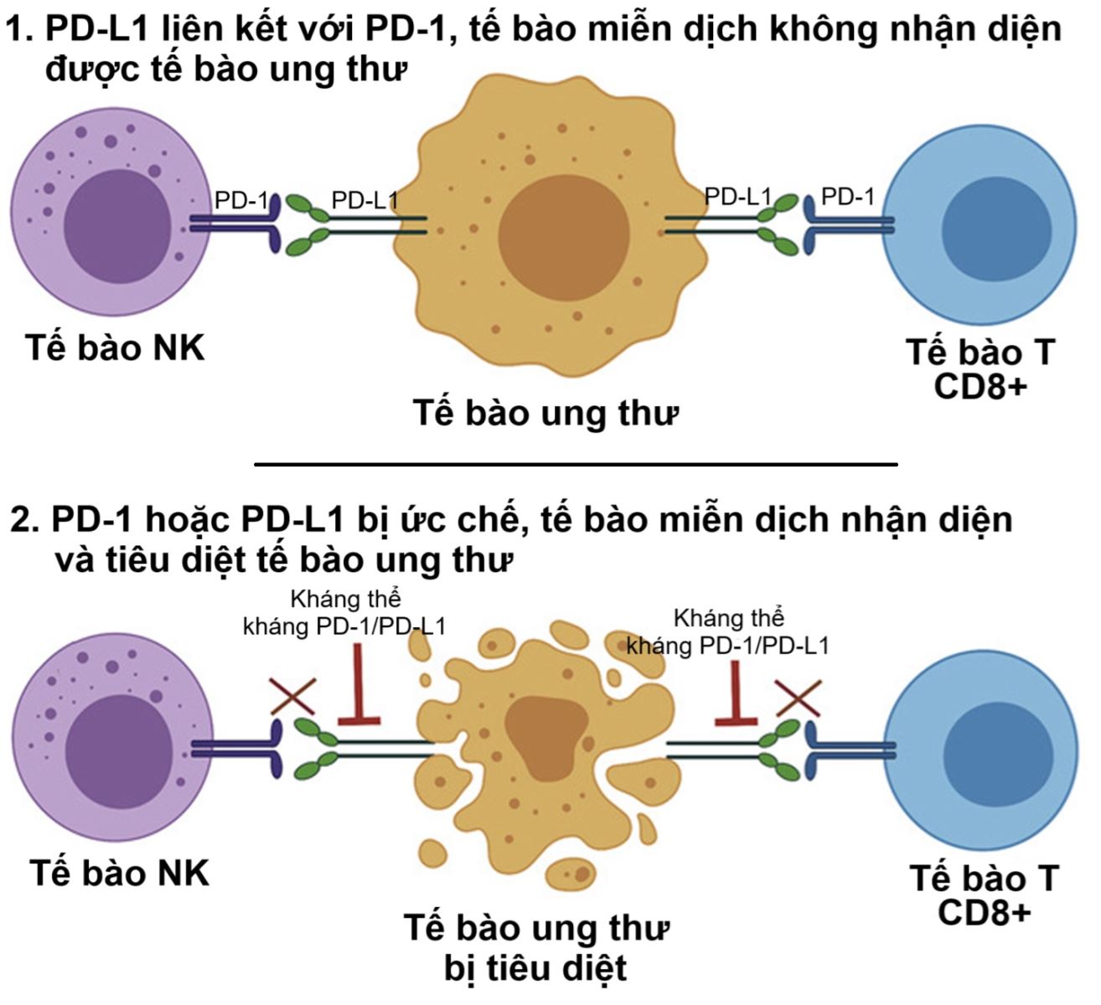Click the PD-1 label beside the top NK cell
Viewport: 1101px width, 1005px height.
click(x=241, y=200)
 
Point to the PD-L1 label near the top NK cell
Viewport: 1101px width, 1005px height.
click(x=364, y=200)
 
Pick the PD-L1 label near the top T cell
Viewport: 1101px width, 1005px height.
click(x=737, y=197)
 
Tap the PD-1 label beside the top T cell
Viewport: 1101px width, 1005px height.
click(x=847, y=197)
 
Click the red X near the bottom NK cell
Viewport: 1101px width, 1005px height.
click(x=292, y=695)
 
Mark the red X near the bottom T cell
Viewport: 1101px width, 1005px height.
click(x=797, y=697)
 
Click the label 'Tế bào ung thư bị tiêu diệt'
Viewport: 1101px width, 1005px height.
click(x=537, y=947)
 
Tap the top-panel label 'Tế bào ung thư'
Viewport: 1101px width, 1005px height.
click(x=545, y=413)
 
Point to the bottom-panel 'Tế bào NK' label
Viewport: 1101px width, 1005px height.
click(x=119, y=874)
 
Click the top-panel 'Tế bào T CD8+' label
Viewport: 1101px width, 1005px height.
click(x=980, y=369)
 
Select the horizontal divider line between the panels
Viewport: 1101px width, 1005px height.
click(x=575, y=463)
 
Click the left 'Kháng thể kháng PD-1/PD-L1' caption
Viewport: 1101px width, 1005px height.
click(x=344, y=613)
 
